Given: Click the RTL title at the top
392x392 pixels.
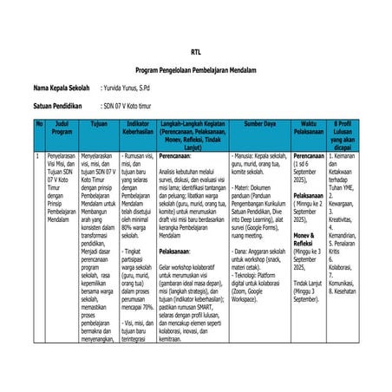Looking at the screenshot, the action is pyautogui.click(x=195, y=51).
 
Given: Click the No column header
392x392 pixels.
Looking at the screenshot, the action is pyautogui.click(x=38, y=125).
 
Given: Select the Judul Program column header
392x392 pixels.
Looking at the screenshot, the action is pyautogui.click(x=62, y=129).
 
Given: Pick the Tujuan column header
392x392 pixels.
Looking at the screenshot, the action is pyautogui.click(x=99, y=125).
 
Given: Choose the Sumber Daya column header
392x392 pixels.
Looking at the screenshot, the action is pyautogui.click(x=259, y=125).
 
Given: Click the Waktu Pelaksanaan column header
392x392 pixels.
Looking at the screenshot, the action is pyautogui.click(x=308, y=129).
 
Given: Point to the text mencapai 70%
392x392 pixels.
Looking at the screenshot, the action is pyautogui.click(x=137, y=307).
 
